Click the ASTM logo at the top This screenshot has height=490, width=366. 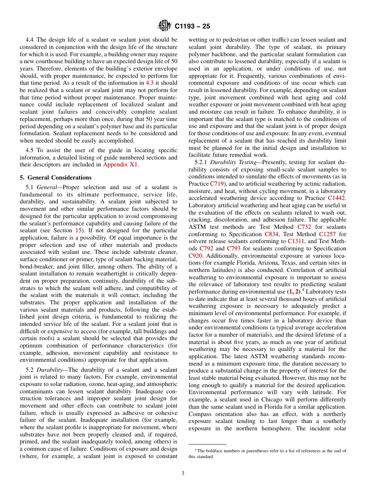(165, 26)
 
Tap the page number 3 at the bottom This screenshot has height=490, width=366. (183, 473)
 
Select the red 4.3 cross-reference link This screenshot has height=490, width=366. (150, 82)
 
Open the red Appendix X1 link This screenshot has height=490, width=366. (120, 164)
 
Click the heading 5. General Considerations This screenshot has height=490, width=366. (55, 178)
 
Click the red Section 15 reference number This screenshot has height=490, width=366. (78, 230)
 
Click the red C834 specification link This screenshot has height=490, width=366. (272, 234)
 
